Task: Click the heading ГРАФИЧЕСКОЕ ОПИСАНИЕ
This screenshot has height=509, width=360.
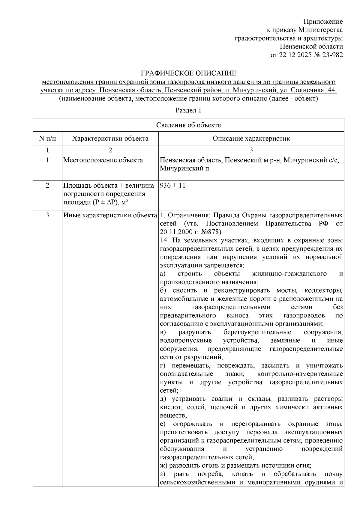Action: coord(188,73)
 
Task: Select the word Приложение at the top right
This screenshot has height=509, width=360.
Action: coord(323,21)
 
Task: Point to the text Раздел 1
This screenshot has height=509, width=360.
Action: coord(188,110)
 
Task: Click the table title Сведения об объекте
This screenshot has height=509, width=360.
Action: coord(188,125)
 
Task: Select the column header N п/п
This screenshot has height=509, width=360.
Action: coord(47,138)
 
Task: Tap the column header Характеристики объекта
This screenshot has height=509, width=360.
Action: coord(110,138)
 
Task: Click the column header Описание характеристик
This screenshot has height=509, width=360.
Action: coord(251,138)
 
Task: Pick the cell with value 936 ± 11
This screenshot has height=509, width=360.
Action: coord(173,185)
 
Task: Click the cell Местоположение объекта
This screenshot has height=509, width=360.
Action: coord(103,160)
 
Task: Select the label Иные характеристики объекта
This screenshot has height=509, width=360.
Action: coord(110,215)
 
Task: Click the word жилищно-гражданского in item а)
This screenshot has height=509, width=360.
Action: coord(289,274)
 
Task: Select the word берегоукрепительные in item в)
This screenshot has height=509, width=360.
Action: coord(257,332)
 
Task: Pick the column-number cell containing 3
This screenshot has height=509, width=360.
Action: coord(251,150)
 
